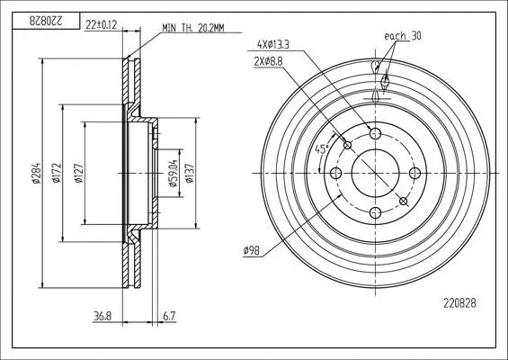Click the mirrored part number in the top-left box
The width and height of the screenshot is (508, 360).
tap(45, 21)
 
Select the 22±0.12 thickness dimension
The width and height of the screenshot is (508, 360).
tap(101, 24)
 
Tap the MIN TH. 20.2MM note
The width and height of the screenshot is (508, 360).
tap(192, 28)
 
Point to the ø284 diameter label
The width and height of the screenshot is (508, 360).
tap(37, 173)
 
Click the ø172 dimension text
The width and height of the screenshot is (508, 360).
tap(57, 173)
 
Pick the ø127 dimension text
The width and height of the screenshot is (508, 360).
tap(79, 174)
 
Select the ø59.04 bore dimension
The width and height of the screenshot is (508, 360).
tap(173, 173)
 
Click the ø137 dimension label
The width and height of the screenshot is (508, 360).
tap(190, 173)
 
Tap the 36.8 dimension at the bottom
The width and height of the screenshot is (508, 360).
tap(102, 316)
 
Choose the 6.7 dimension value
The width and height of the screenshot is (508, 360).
tap(169, 316)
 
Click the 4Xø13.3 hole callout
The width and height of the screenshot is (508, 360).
tap(273, 44)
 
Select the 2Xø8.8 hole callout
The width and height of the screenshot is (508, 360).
tap(269, 61)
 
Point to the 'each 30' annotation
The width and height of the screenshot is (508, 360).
tap(403, 36)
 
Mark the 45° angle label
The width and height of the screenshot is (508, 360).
tap(321, 149)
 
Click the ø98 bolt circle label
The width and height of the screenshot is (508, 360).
tap(252, 250)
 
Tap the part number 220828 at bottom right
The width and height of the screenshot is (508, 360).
tap(459, 303)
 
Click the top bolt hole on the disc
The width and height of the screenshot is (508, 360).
tap(376, 133)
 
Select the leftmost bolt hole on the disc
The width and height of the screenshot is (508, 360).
tap(336, 173)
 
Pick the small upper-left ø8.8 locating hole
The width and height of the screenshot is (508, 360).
tap(347, 145)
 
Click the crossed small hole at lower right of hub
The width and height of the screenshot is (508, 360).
tap(404, 202)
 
